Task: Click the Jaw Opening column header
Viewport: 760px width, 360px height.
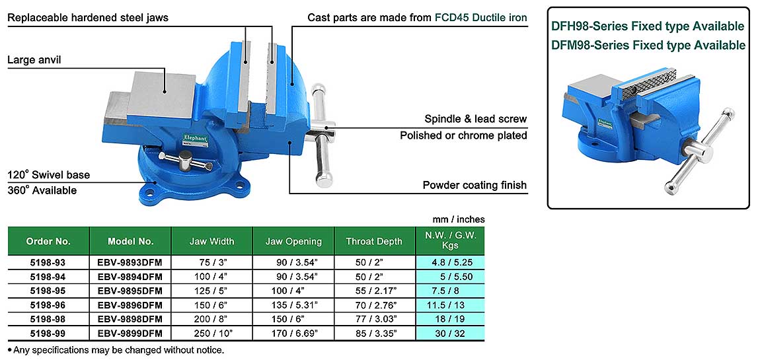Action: [x=293, y=241]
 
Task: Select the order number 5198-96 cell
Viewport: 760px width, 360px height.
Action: [x=48, y=305]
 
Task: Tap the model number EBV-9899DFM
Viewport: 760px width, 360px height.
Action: [x=130, y=333]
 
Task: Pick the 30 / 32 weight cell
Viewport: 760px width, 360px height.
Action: [x=450, y=333]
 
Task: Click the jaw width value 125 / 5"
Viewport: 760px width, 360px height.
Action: [x=212, y=291]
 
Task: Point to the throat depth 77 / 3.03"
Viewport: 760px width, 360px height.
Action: [x=375, y=319]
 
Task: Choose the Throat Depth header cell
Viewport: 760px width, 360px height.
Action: [x=374, y=241]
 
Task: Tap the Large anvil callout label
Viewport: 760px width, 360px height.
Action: [x=34, y=60]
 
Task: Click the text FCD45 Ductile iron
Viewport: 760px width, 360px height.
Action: [x=480, y=18]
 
